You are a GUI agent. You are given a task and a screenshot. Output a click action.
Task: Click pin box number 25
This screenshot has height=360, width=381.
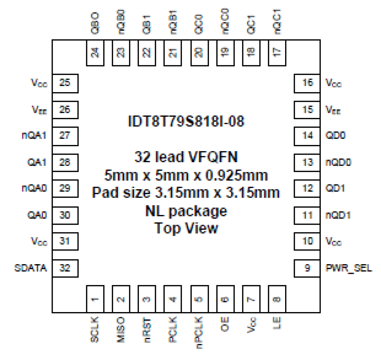[x=65, y=83]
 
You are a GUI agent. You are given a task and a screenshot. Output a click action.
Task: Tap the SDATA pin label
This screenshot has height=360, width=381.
[x=31, y=268]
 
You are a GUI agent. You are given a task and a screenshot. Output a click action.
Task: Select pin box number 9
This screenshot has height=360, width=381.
[x=307, y=268]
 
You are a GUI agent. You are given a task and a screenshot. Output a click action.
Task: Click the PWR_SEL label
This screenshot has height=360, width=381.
[x=349, y=268]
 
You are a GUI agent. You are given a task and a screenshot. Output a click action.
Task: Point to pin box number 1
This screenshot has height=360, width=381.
[x=95, y=299]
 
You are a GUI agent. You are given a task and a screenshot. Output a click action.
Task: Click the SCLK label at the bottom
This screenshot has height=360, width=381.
[x=95, y=329]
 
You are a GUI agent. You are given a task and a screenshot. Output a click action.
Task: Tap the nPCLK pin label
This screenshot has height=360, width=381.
[x=199, y=332]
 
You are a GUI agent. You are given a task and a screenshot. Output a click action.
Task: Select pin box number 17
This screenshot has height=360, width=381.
[x=277, y=52]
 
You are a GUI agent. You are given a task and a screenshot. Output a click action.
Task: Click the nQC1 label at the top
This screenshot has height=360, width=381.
[x=277, y=22]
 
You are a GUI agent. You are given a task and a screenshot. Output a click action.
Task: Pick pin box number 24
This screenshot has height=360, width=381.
[x=95, y=52]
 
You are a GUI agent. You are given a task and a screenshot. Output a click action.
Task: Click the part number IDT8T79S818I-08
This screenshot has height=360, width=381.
[x=186, y=121]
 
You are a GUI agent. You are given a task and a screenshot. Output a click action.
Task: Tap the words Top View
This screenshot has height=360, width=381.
[x=186, y=228]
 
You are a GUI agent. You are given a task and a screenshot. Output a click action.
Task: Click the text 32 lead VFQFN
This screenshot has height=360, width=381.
[x=186, y=157]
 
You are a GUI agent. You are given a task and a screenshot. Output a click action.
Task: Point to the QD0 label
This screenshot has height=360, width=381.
[x=335, y=135]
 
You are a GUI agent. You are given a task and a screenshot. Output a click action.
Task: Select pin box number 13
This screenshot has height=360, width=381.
[x=307, y=163]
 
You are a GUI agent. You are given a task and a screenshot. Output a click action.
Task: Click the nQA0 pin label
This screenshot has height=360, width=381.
[x=34, y=188]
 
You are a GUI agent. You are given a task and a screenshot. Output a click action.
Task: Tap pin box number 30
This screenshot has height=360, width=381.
[x=65, y=215]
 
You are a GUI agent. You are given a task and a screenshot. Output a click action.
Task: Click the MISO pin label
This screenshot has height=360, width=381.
[x=121, y=329]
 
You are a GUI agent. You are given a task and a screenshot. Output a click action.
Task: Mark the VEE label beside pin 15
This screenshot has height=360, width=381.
[x=333, y=110]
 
